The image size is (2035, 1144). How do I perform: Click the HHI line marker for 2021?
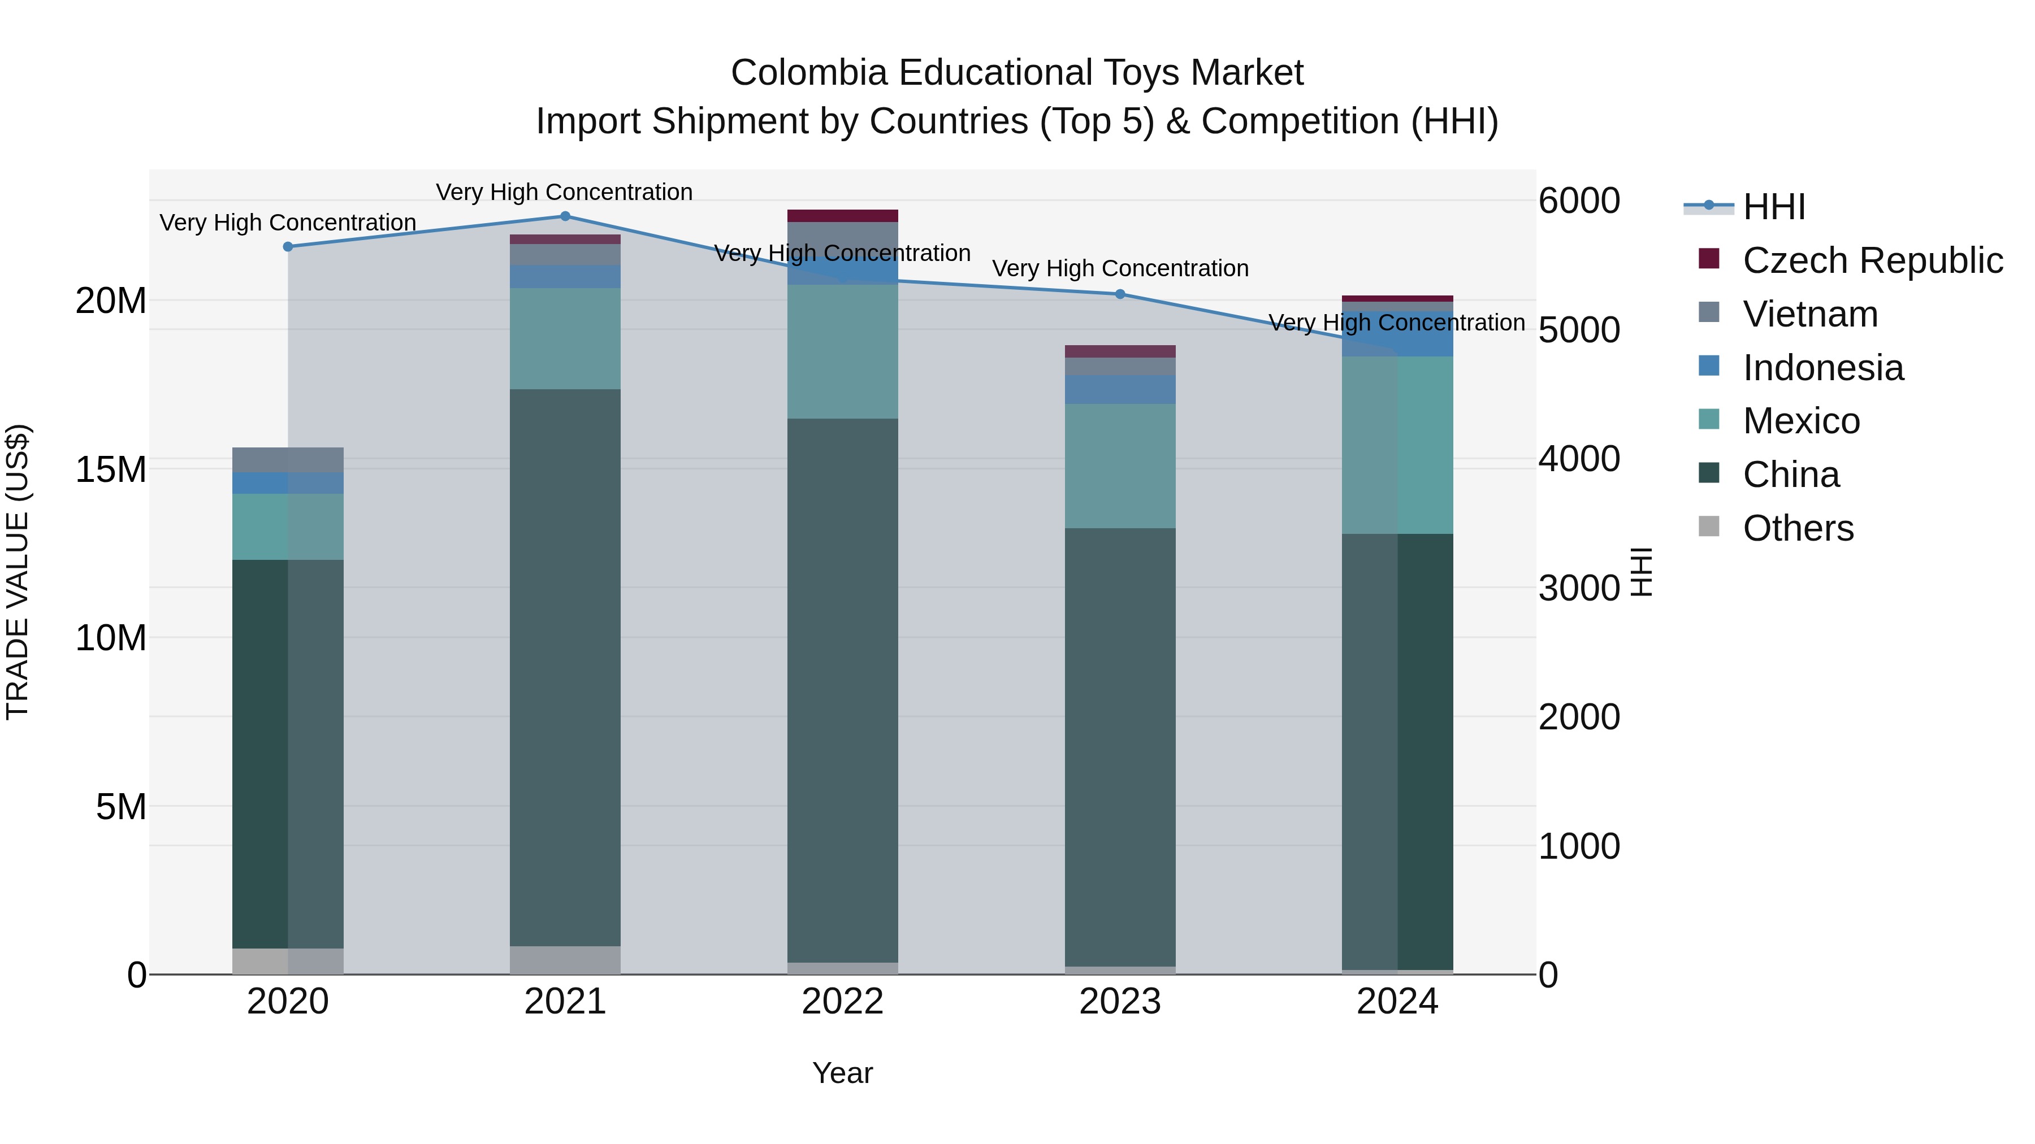pyautogui.click(x=565, y=216)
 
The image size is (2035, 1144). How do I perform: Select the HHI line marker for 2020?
pyautogui.click(x=288, y=247)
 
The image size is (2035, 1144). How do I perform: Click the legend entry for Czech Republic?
pyautogui.click(x=1872, y=260)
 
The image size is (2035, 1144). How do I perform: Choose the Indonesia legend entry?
pyautogui.click(x=1822, y=368)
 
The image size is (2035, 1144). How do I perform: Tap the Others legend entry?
pyautogui.click(x=1797, y=528)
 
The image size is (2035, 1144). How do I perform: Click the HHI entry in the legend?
pyautogui.click(x=1773, y=207)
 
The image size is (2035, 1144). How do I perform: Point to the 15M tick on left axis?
pyautogui.click(x=111, y=470)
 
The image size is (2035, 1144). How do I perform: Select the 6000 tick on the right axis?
pyautogui.click(x=1578, y=201)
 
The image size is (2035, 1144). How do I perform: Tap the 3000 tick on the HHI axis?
pyautogui.click(x=1578, y=588)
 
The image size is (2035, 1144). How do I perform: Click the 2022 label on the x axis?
pyautogui.click(x=842, y=1002)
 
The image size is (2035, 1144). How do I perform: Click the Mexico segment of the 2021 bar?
pyautogui.click(x=565, y=339)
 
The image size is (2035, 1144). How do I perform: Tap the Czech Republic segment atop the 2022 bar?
pyautogui.click(x=842, y=216)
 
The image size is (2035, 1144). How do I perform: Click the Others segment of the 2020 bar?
pyautogui.click(x=288, y=961)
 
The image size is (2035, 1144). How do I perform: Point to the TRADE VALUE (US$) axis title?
pyautogui.click(x=18, y=572)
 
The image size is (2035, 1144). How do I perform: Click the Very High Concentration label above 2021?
pyautogui.click(x=564, y=192)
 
